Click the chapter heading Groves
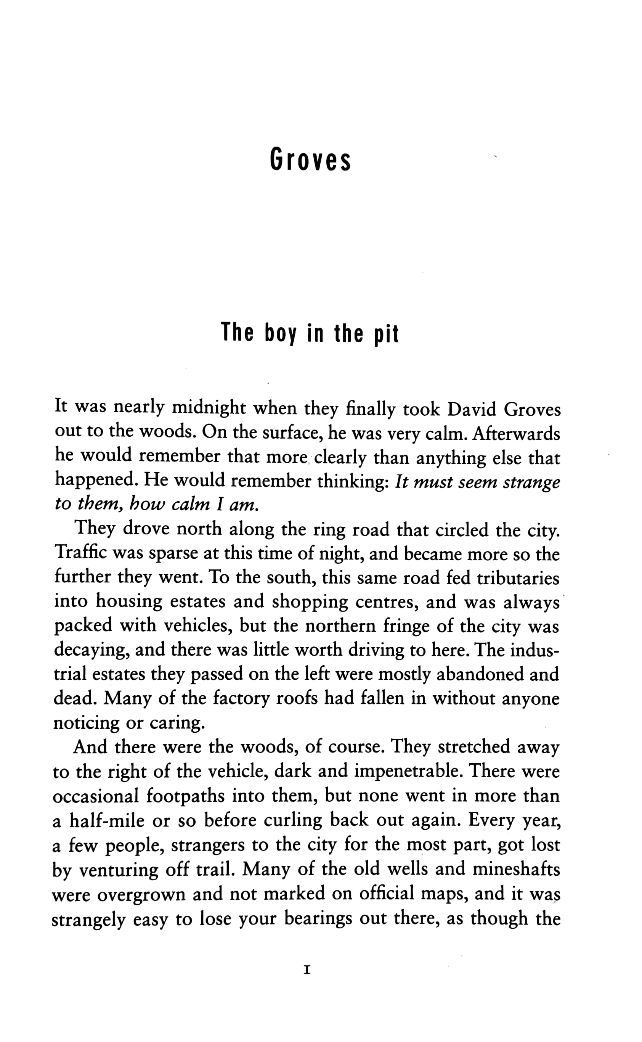[x=310, y=160]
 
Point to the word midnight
[x=209, y=408]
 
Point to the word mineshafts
[x=516, y=868]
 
